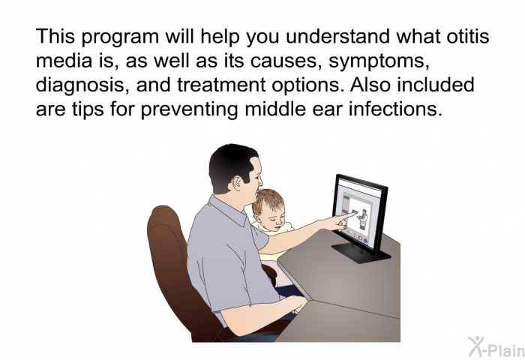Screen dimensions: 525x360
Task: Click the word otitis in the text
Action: (468, 36)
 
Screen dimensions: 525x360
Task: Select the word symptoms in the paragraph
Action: (379, 61)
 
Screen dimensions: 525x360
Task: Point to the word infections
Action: (395, 109)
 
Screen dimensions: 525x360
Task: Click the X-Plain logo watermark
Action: (496, 347)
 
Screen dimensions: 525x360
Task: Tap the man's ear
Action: (237, 184)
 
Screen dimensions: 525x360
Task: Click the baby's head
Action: (268, 209)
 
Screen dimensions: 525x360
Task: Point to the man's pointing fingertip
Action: (355, 213)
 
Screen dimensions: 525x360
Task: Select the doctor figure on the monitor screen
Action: (363, 219)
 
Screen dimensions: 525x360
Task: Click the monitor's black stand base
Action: (361, 253)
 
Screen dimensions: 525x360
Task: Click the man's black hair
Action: (230, 165)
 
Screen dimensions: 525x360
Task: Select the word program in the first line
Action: (120, 37)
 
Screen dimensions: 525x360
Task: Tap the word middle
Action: (275, 109)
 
